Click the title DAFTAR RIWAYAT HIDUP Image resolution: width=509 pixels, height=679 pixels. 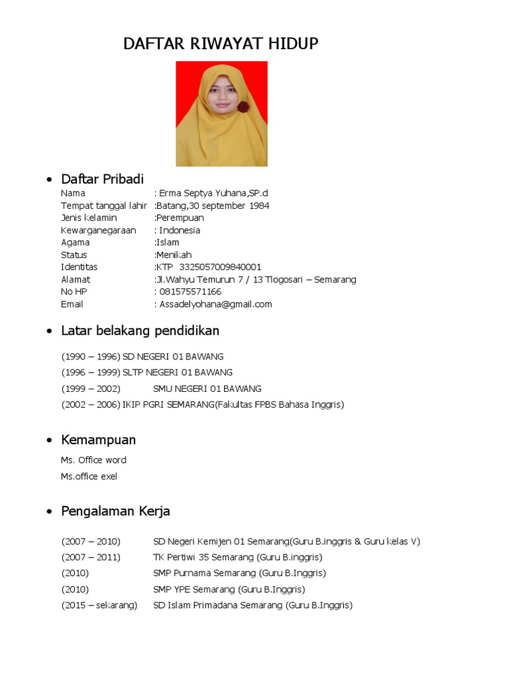click(x=221, y=44)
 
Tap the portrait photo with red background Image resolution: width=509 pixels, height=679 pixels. click(x=221, y=113)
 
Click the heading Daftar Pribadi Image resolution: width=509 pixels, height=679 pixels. click(x=102, y=179)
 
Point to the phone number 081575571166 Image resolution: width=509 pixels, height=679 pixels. click(x=190, y=292)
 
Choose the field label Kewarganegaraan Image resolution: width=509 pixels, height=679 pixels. click(x=98, y=230)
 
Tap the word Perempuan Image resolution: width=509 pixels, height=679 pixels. click(x=180, y=218)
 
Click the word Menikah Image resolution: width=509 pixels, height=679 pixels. click(x=174, y=255)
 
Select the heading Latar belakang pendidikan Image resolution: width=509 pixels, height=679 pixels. click(x=140, y=330)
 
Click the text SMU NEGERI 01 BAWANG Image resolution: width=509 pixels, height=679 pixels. click(x=207, y=389)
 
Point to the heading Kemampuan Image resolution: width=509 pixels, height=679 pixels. click(x=98, y=440)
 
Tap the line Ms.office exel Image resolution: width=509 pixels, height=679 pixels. click(x=89, y=476)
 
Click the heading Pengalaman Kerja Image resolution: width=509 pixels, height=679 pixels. click(x=115, y=511)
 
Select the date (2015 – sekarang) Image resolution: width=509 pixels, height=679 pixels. click(x=99, y=605)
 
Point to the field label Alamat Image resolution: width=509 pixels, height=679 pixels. click(x=76, y=280)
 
